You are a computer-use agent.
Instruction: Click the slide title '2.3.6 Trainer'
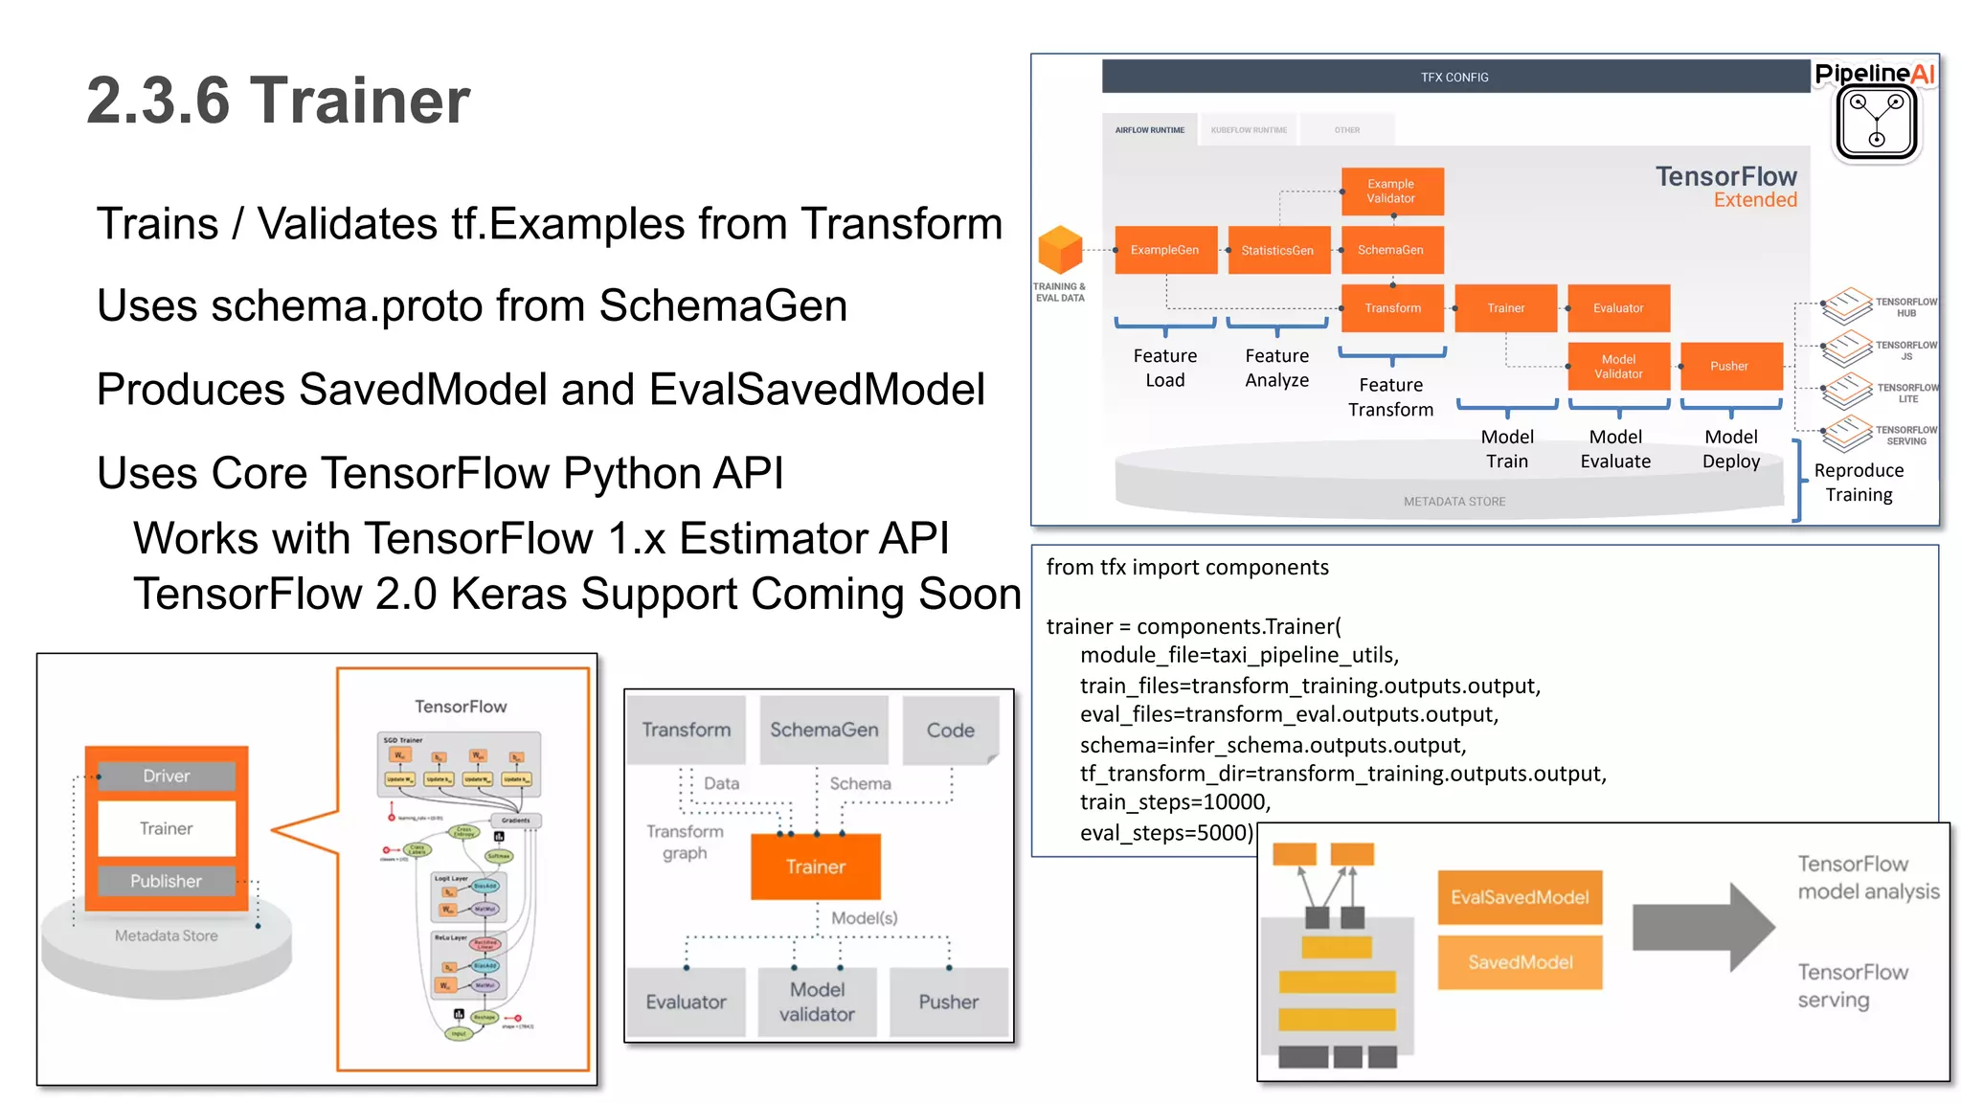tap(278, 101)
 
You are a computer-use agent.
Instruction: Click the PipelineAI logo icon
tap(1876, 123)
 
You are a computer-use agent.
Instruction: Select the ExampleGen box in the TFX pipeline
tap(1164, 250)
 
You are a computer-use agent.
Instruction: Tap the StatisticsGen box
tap(1277, 250)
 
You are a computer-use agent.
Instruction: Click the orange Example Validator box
tap(1391, 191)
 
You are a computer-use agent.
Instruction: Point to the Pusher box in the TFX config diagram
tap(1729, 366)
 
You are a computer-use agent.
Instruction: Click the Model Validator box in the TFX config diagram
tap(1618, 366)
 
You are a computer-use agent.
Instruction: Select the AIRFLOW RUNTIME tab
tap(1149, 130)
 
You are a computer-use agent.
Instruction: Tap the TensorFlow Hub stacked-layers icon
tap(1847, 305)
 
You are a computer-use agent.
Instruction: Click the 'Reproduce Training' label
tap(1859, 482)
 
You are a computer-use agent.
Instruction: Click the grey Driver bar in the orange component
tap(166, 776)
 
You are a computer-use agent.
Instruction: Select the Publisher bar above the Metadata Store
tap(166, 881)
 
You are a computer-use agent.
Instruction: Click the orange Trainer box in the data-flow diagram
tap(816, 867)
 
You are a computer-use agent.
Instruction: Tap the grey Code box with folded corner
tap(950, 730)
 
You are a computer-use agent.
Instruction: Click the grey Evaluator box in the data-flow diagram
tap(686, 1002)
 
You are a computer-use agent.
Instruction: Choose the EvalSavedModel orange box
tap(1520, 897)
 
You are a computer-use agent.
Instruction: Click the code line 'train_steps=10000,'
tap(1175, 802)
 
